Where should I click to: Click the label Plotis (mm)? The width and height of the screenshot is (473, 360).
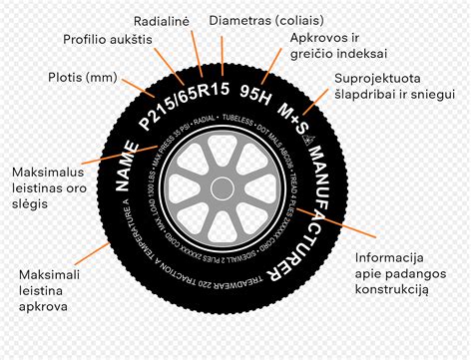pyautogui.click(x=83, y=76)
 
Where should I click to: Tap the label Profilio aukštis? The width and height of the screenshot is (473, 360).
pyautogui.click(x=107, y=39)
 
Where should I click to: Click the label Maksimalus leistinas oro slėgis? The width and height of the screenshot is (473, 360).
pyautogui.click(x=42, y=187)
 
